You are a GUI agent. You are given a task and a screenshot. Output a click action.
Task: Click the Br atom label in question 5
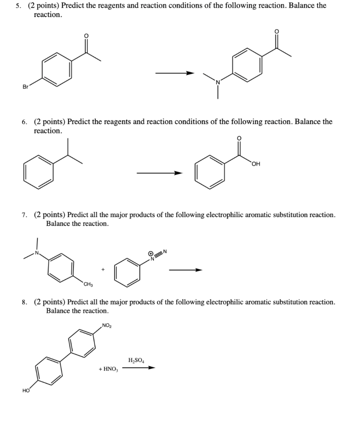pyautogui.click(x=25, y=86)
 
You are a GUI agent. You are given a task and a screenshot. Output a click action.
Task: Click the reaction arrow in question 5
pyautogui.click(x=174, y=73)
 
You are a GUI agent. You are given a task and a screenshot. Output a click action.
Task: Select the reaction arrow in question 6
pyautogui.click(x=159, y=173)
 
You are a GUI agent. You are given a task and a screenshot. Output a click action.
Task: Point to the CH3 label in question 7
pyautogui.click(x=88, y=284)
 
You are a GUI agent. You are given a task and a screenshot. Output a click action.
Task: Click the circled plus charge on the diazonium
pyautogui.click(x=151, y=253)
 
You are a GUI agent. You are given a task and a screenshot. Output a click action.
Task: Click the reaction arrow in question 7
pyautogui.click(x=185, y=270)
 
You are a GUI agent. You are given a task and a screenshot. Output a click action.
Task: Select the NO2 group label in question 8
pyautogui.click(x=107, y=325)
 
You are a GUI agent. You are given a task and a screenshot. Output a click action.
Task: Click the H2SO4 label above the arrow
pyautogui.click(x=136, y=360)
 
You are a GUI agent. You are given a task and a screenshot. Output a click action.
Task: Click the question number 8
pyautogui.click(x=24, y=302)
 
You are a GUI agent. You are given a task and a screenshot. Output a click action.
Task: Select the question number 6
pyautogui.click(x=24, y=122)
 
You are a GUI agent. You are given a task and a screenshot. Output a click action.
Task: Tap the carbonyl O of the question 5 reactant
pyautogui.click(x=86, y=36)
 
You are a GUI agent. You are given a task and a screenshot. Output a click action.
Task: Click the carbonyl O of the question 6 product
pyautogui.click(x=239, y=138)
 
